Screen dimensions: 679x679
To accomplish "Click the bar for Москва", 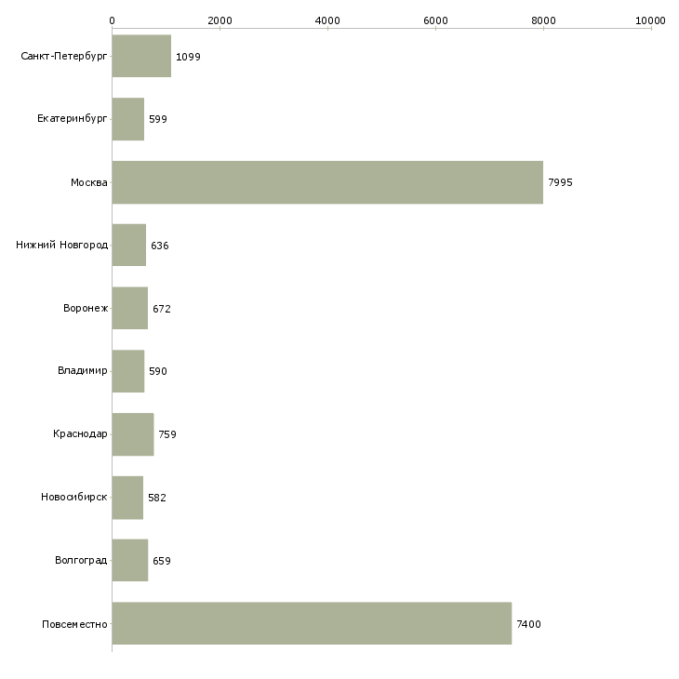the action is (x=327, y=182).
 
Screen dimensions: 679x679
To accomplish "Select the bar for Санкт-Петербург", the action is (x=141, y=56).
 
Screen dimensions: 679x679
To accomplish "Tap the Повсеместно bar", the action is (x=312, y=623).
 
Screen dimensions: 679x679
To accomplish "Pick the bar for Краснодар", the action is (x=133, y=434).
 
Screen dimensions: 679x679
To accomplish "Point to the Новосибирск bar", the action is (x=127, y=498).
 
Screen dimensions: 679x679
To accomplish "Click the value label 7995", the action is (x=560, y=182).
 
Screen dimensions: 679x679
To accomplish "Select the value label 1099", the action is (x=188, y=57).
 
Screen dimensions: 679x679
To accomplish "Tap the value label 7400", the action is (x=528, y=624).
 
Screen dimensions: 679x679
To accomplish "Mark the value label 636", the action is (x=160, y=246).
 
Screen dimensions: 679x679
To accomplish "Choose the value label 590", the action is (x=158, y=371).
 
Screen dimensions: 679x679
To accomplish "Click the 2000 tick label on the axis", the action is (x=220, y=20).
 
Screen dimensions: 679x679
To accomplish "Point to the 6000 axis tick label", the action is (x=435, y=20).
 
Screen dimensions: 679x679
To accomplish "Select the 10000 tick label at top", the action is (x=650, y=20).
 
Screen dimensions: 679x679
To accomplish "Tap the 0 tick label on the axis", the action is (x=113, y=20).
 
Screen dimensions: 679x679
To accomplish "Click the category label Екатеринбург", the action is (x=72, y=119).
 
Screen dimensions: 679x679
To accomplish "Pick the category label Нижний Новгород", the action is (x=62, y=245).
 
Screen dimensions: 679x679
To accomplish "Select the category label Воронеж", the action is (x=86, y=308).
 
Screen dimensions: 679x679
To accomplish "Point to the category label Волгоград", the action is (x=81, y=560).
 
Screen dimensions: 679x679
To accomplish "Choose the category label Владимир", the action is (x=82, y=371).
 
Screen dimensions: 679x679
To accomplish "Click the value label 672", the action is (x=162, y=309).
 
